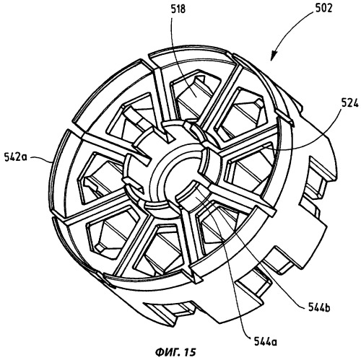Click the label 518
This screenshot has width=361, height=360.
click(x=178, y=9)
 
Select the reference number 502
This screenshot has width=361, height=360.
click(x=323, y=8)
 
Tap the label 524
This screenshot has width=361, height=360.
click(x=349, y=104)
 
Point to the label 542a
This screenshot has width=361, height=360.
click(x=16, y=157)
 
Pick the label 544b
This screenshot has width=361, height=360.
click(x=319, y=308)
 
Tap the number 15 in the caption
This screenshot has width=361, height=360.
click(x=191, y=352)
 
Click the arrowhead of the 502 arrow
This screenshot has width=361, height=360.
click(x=273, y=57)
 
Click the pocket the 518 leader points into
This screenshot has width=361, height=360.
click(x=195, y=95)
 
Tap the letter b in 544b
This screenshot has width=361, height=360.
click(x=327, y=308)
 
